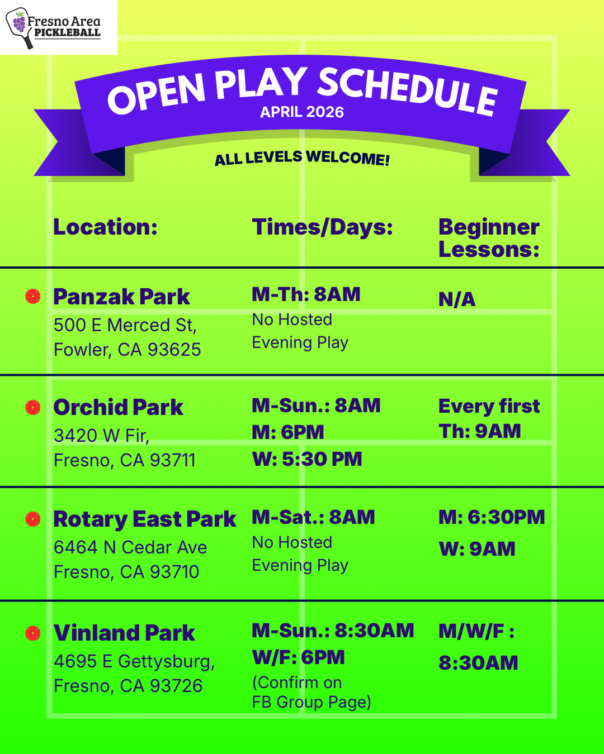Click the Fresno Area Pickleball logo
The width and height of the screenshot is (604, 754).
tap(53, 28)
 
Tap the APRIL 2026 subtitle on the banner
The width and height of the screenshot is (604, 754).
tap(302, 112)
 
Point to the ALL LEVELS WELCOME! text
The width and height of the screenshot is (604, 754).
tap(302, 158)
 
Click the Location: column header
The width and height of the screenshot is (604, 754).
tap(105, 227)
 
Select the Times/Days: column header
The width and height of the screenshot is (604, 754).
tap(322, 227)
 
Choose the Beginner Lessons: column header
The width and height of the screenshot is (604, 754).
tap(489, 238)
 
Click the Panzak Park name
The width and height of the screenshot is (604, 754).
tap(121, 297)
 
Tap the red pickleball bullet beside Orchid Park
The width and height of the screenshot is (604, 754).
tap(33, 408)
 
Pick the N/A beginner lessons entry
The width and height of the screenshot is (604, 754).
tap(457, 299)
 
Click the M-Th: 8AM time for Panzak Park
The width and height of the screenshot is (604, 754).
tap(306, 294)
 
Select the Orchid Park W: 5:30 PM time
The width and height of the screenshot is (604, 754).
tap(307, 459)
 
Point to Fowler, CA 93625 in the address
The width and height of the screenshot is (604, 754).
tap(128, 350)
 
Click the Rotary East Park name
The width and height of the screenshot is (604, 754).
tap(145, 519)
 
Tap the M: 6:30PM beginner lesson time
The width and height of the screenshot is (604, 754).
tap(492, 517)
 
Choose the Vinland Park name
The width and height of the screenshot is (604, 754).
tap(124, 633)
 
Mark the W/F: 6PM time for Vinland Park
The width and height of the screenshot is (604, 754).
tap(298, 657)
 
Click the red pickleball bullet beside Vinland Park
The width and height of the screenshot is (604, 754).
tap(33, 633)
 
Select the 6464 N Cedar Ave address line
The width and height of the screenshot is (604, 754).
tap(130, 547)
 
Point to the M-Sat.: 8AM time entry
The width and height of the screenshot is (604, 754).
tap(313, 517)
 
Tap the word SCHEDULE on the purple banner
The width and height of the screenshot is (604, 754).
tap(407, 92)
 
